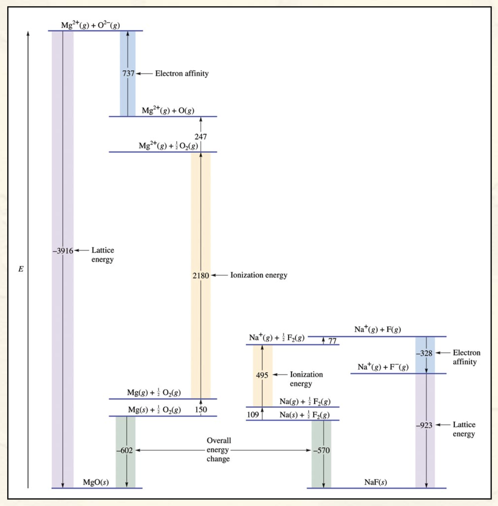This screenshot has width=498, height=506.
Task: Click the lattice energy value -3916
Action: point(63,251)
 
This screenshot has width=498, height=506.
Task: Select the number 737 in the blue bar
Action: point(128,73)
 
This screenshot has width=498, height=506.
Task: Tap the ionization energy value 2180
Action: point(200,275)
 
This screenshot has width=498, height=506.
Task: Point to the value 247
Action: point(200,137)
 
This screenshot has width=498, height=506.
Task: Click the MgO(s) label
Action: point(95,482)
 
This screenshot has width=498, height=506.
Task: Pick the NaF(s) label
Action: point(375,482)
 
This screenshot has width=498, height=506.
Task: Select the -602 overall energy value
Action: point(124,450)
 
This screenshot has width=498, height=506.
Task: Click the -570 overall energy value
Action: point(321,450)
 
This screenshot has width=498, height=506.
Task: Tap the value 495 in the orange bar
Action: point(262,375)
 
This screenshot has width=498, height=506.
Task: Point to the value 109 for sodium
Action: point(253,415)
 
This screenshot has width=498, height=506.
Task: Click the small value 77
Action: point(332,341)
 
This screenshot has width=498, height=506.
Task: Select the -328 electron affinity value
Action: point(424,353)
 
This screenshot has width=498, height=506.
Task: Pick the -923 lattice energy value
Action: point(424,425)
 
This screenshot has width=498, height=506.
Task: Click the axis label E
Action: point(21,269)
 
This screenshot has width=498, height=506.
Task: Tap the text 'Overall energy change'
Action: point(218,450)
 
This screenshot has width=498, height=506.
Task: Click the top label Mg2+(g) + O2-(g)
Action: point(90,25)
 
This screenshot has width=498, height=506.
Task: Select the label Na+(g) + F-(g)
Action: point(383,367)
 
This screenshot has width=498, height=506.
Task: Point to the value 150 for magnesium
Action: point(201,409)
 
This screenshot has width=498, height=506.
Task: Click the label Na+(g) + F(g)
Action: point(377,329)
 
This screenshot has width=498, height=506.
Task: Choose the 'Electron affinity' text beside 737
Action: point(182,73)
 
